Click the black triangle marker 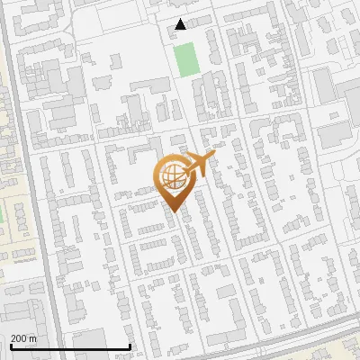point(181,24)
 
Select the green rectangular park point(186,59)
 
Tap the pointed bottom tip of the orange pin point(172,211)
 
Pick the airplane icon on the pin point(196,166)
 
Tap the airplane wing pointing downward point(195,174)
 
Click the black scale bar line point(70,346)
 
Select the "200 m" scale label point(23,338)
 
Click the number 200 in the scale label point(20,338)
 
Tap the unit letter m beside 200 point(32,338)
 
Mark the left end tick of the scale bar point(11,346)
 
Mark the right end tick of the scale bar point(130,346)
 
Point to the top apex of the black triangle point(181,19)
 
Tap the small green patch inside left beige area point(2,216)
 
